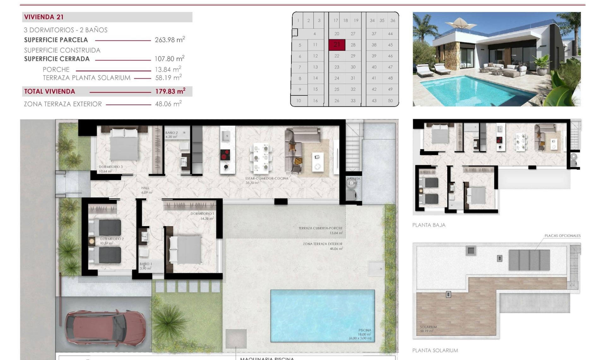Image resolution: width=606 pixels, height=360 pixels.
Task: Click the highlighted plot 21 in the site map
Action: click(x=337, y=45)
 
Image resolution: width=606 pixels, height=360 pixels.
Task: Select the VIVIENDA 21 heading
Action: click(x=44, y=17)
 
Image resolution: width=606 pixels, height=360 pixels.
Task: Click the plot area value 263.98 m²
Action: click(x=170, y=40)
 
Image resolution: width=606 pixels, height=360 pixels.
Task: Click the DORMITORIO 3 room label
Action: click(x=110, y=167)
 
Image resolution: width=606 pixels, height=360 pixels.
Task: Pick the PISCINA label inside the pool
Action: click(x=365, y=330)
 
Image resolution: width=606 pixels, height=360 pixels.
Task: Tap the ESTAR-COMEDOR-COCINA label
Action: click(x=267, y=178)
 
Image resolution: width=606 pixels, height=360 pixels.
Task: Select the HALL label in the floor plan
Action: click(x=145, y=188)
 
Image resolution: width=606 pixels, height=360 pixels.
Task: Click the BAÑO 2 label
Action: click(x=171, y=133)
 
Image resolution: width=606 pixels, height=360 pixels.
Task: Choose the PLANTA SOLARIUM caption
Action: click(x=435, y=350)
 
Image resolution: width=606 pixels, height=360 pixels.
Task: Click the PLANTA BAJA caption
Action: click(x=429, y=225)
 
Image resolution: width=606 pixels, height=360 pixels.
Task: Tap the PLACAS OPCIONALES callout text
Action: click(x=562, y=236)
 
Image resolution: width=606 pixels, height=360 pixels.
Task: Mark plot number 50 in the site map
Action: click(x=390, y=100)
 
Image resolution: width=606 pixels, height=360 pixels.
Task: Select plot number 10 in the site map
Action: click(x=299, y=100)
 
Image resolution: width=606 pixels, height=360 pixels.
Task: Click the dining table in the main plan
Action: click(x=261, y=157)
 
